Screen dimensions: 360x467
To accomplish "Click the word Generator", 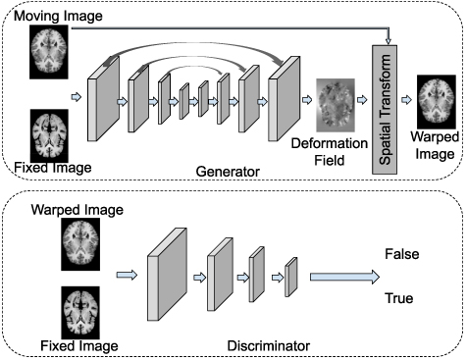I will [228, 171].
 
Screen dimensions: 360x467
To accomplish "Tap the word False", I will [401, 254].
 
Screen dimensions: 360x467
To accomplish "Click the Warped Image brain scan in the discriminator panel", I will [80, 241].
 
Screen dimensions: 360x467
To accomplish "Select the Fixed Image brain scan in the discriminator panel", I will [80, 310].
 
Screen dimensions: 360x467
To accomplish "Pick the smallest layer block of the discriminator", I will [291, 277].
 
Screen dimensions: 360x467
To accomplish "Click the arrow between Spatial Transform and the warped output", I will [410, 100].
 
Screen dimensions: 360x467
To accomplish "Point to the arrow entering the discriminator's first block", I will [127, 276].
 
